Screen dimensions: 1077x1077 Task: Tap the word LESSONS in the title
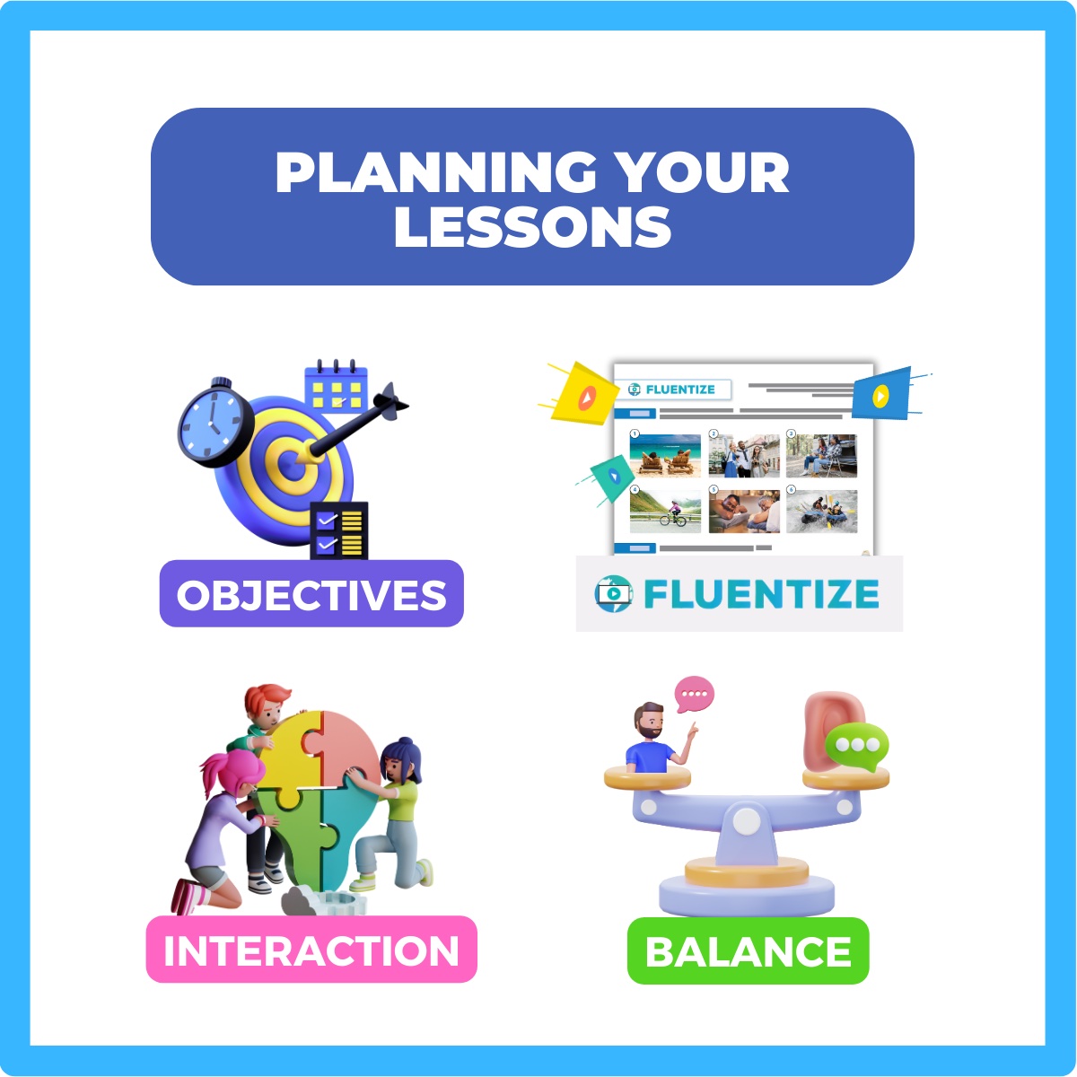coord(532,227)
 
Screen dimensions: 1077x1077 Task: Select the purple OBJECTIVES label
coord(311,594)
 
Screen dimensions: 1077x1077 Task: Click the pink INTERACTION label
coord(311,950)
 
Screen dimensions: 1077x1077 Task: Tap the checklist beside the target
coord(338,530)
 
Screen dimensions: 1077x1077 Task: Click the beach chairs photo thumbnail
coord(665,456)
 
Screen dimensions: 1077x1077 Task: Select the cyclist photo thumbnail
coord(665,511)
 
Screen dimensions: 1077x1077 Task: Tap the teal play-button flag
coord(610,477)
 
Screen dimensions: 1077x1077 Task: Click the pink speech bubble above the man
coord(695,694)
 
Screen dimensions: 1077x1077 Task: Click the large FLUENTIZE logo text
coord(761,594)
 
